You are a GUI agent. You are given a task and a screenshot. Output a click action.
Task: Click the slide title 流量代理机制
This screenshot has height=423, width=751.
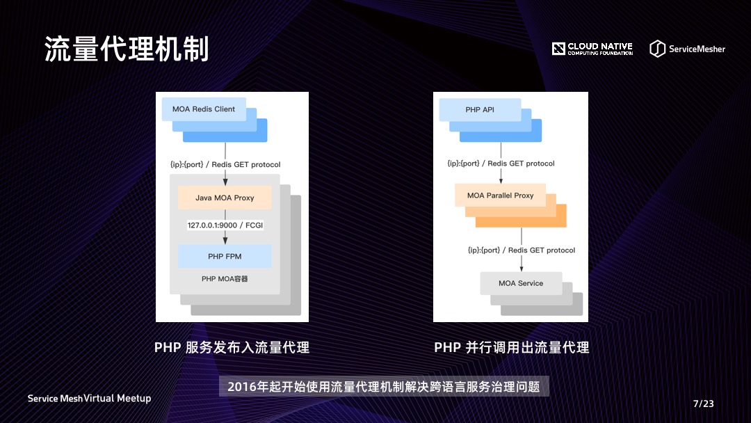[x=127, y=49]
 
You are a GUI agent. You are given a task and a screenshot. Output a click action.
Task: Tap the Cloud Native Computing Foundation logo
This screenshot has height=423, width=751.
[x=592, y=49]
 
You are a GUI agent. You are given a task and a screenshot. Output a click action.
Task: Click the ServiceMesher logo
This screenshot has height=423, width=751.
[x=687, y=49]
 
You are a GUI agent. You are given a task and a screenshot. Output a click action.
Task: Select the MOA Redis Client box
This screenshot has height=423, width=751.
[x=204, y=109]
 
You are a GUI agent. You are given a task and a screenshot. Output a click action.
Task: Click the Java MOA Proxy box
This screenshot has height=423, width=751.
[x=225, y=198]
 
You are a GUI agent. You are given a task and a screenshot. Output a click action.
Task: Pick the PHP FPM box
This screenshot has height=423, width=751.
[x=225, y=257]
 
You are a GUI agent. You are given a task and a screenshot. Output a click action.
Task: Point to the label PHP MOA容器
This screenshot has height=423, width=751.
[x=225, y=279]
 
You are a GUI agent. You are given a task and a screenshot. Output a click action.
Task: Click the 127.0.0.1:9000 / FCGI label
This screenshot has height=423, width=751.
[x=225, y=225]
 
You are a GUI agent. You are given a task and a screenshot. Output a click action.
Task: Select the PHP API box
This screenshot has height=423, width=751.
[x=480, y=110]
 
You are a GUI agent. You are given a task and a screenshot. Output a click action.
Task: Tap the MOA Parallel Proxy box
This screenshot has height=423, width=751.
[x=500, y=195]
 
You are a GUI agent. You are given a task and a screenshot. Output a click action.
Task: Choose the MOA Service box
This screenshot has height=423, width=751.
[x=521, y=283]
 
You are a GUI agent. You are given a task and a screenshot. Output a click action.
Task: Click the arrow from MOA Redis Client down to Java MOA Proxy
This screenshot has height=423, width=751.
[x=225, y=150]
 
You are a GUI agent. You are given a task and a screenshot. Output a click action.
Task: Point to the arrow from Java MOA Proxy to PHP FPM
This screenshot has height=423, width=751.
[x=225, y=238]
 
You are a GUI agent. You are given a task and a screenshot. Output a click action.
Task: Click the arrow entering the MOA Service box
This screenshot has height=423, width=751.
[x=521, y=263]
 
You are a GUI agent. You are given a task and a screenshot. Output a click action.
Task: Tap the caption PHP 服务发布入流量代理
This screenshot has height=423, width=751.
[x=232, y=347]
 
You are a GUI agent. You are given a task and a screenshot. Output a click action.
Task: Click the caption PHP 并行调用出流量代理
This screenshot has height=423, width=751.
[x=511, y=347]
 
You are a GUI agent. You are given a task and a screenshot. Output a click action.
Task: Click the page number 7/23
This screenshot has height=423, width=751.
[x=703, y=404]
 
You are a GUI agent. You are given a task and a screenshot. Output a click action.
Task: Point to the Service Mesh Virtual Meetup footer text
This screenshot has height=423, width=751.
[x=89, y=399]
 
